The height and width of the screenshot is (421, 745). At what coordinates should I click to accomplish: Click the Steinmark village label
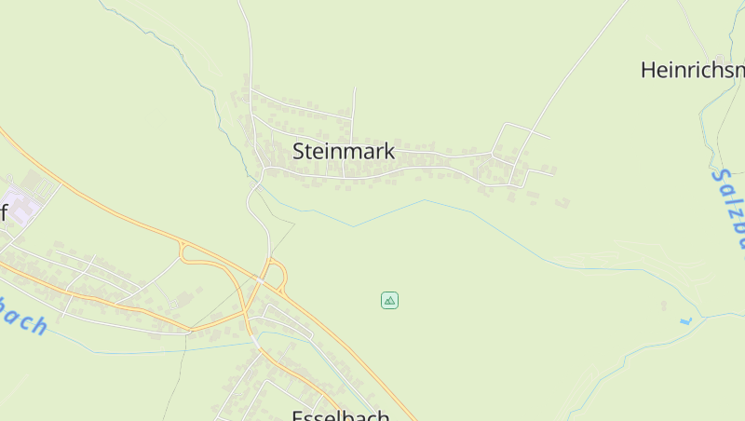(x=344, y=151)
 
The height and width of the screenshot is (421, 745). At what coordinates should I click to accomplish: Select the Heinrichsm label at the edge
(x=693, y=70)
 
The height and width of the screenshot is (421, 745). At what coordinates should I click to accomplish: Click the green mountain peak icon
(x=390, y=300)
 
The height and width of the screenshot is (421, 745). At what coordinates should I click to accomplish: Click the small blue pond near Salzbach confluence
(x=686, y=321)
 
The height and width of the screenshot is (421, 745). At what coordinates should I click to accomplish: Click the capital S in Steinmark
(x=300, y=151)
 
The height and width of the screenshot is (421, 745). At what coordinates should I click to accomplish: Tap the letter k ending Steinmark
(x=389, y=151)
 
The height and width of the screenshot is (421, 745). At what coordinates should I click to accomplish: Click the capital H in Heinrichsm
(x=648, y=70)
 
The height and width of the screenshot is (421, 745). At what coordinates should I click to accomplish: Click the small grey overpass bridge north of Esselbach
(x=264, y=278)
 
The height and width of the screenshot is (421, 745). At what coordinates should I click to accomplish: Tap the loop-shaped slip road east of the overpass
(x=278, y=275)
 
